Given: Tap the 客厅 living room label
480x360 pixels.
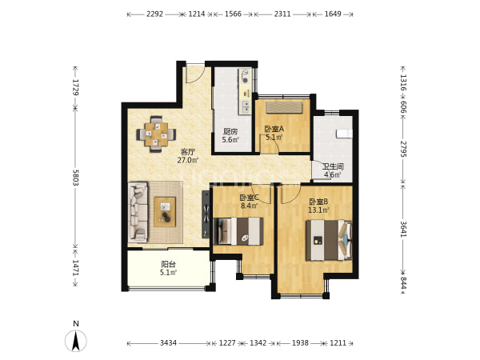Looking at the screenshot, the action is pos(188,152).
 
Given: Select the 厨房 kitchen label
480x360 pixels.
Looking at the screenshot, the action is pos(230,132).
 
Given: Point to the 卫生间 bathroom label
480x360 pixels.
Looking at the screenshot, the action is pos(333,167).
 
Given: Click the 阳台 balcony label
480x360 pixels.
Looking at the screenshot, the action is pos(168,264).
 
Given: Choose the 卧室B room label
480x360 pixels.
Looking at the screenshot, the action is pos(318,202).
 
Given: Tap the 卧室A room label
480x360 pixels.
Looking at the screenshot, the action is pos(274,129).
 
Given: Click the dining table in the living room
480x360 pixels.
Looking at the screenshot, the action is pos(156,134).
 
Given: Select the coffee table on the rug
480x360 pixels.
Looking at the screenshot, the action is pos(165,212).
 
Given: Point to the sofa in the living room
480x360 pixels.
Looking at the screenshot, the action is pos(138,211).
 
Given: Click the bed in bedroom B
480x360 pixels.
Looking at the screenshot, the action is pos(329,240).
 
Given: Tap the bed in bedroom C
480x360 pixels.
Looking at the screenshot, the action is pos(238,231).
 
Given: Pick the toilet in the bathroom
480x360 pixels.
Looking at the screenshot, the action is pos(344,134).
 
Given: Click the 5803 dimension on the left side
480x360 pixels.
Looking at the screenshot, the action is pos(76,178).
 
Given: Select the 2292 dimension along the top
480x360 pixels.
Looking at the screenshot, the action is pos(154,14).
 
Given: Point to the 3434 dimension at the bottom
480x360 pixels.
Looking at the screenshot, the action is pos(168,343).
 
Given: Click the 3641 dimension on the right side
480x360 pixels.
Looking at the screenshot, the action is pos(403,229).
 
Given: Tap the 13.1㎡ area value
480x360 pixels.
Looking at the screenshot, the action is pos(318,210).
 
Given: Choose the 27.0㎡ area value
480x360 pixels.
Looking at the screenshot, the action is pos(188,160).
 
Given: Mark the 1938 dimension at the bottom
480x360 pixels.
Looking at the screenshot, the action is pos(300,343).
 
